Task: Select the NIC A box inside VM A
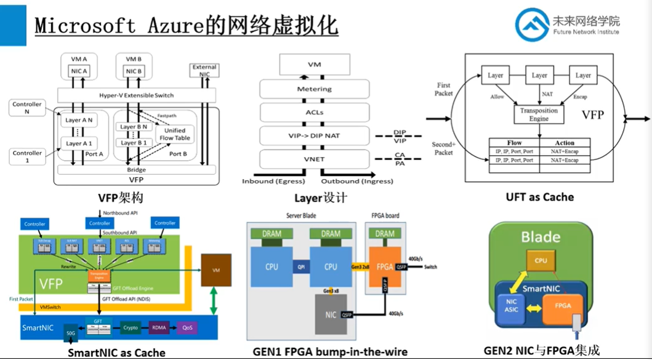point(79,71)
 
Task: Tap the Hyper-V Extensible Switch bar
point(136,95)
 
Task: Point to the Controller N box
point(27,108)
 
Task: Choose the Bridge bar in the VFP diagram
point(136,169)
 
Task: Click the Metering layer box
point(314,89)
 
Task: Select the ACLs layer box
point(314,113)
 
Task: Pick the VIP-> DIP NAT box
point(314,135)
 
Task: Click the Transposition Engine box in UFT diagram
point(539,114)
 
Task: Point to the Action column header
point(565,142)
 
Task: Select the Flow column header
point(513,142)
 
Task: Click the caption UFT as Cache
point(539,197)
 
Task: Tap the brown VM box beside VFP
point(216,270)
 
